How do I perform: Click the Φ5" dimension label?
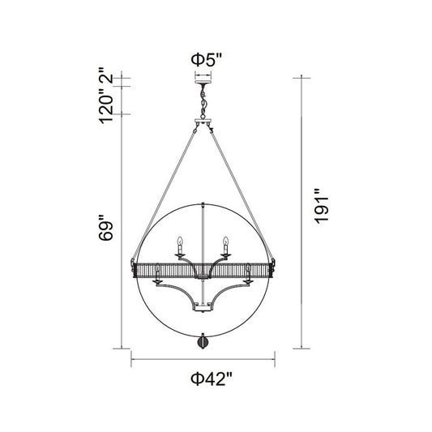pos(207,60)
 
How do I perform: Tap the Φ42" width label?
pos(212,379)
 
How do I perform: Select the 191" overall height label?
pos(322,206)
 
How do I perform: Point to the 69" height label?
pos(106,228)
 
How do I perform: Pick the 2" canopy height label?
pos(106,75)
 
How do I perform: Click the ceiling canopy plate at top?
pos(203,82)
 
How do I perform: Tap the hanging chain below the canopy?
pos(203,101)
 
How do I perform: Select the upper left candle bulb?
pos(180,241)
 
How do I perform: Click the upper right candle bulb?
pos(226,241)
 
